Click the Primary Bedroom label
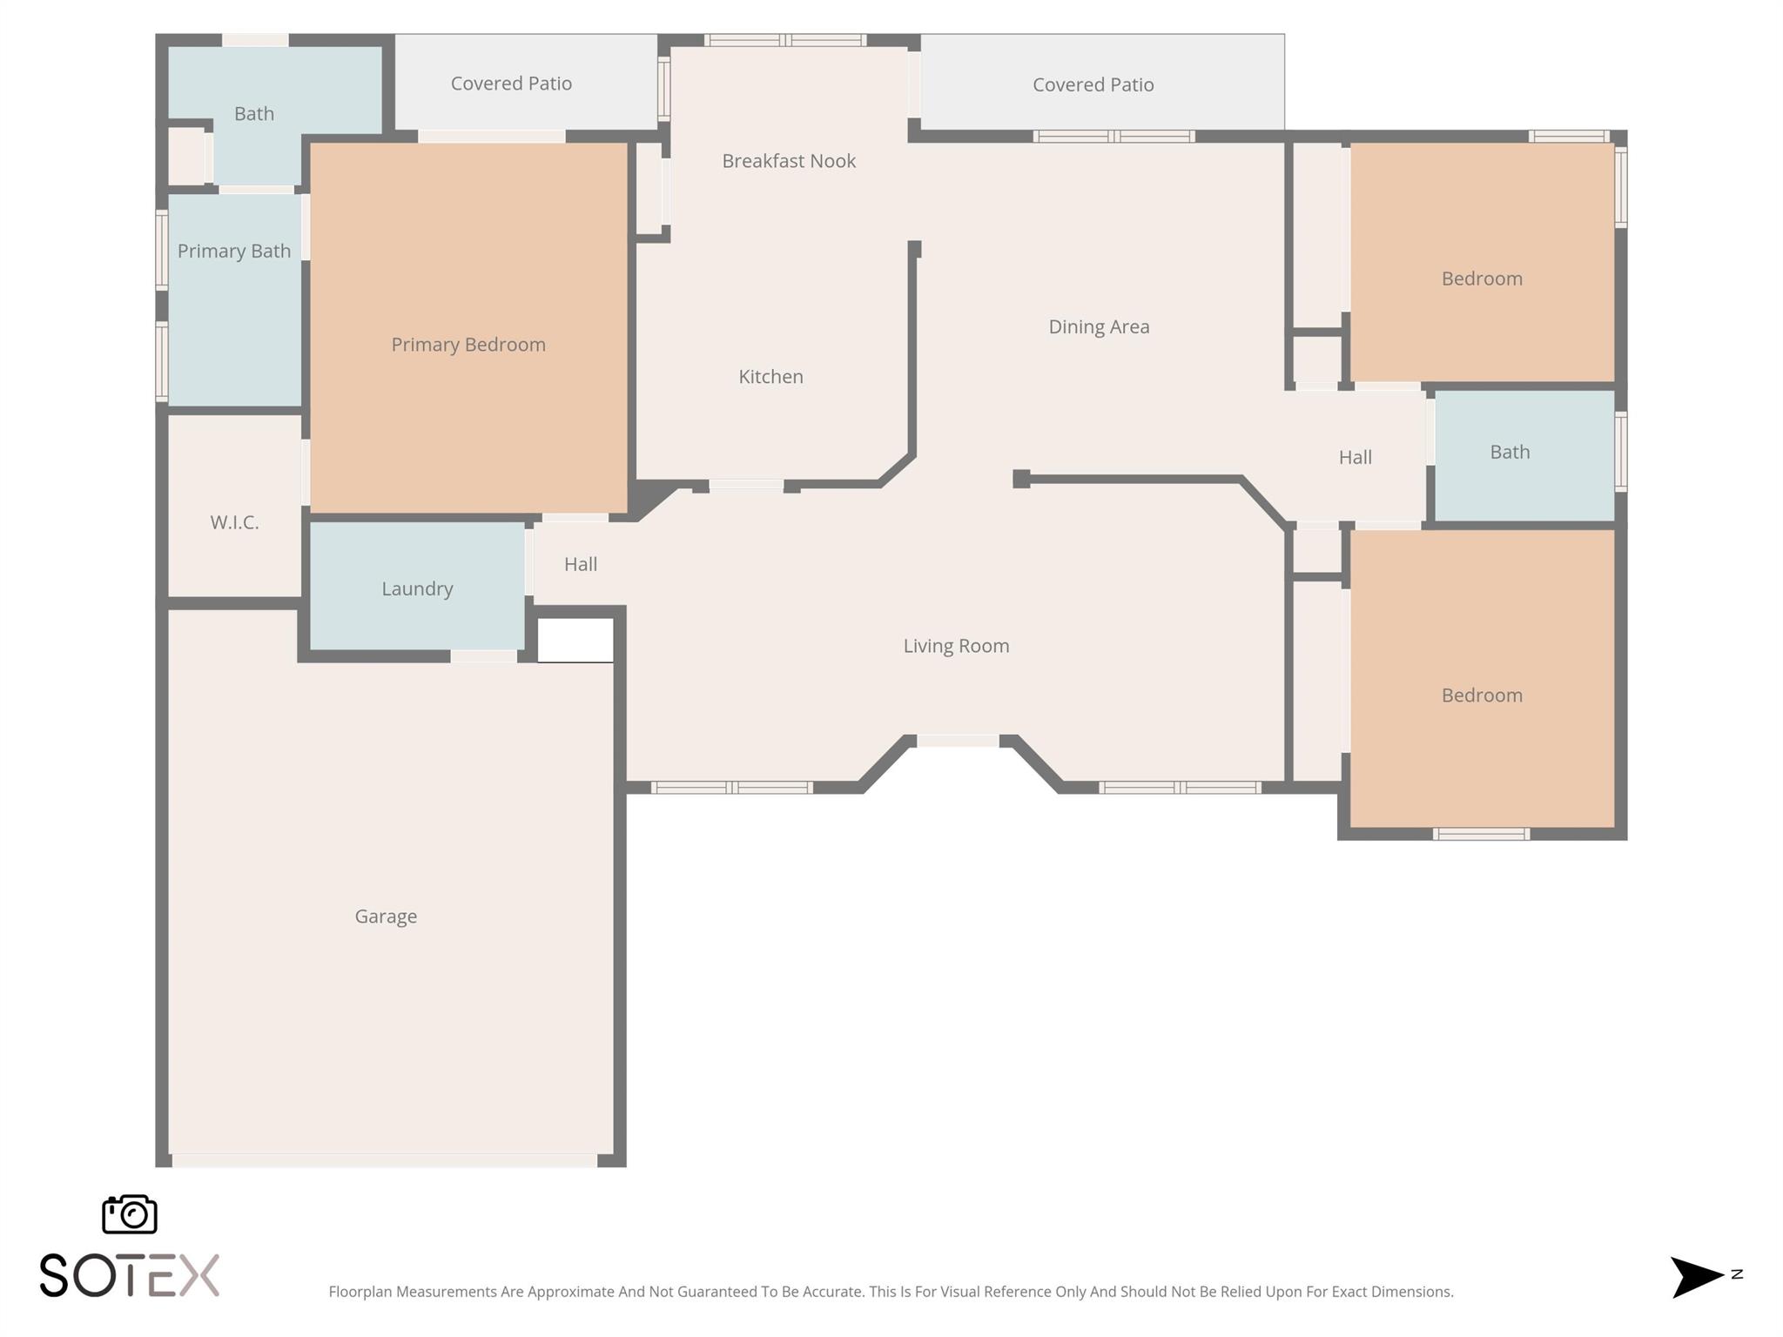coord(468,345)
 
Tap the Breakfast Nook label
coord(789,161)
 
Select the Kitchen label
coord(770,377)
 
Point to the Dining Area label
coord(1099,327)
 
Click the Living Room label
coord(956,646)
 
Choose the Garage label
coord(386,917)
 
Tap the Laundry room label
coord(417,589)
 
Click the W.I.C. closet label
coord(234,522)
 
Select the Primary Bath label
coord(234,252)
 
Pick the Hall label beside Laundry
coord(581,564)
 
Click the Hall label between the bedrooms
coord(1356,457)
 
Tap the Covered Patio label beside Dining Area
coord(1093,84)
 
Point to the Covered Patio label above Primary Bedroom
coord(511,84)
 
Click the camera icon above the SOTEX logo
coord(130,1214)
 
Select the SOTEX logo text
coord(130,1275)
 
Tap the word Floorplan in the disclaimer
coord(360,1292)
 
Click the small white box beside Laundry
coord(575,640)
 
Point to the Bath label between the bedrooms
coord(1510,453)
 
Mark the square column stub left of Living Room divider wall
coord(1021,479)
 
